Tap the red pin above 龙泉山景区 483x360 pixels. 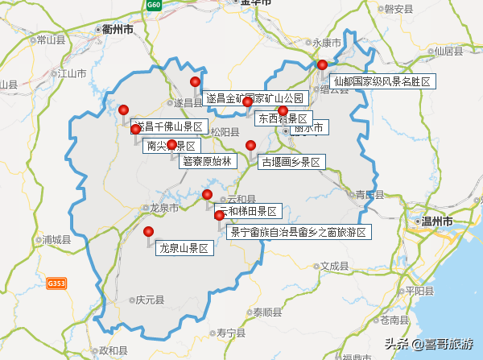149,232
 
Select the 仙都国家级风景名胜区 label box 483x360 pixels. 383,81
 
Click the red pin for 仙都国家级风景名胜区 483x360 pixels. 322,64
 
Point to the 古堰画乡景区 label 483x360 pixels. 291,162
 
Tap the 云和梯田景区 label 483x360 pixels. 246,212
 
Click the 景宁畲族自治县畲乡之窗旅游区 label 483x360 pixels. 298,232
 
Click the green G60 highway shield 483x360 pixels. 154,5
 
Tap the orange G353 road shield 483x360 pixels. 56,283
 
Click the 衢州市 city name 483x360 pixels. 118,28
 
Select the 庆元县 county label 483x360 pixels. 149,300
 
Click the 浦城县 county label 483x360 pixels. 57,239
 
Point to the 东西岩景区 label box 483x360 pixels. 281,118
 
